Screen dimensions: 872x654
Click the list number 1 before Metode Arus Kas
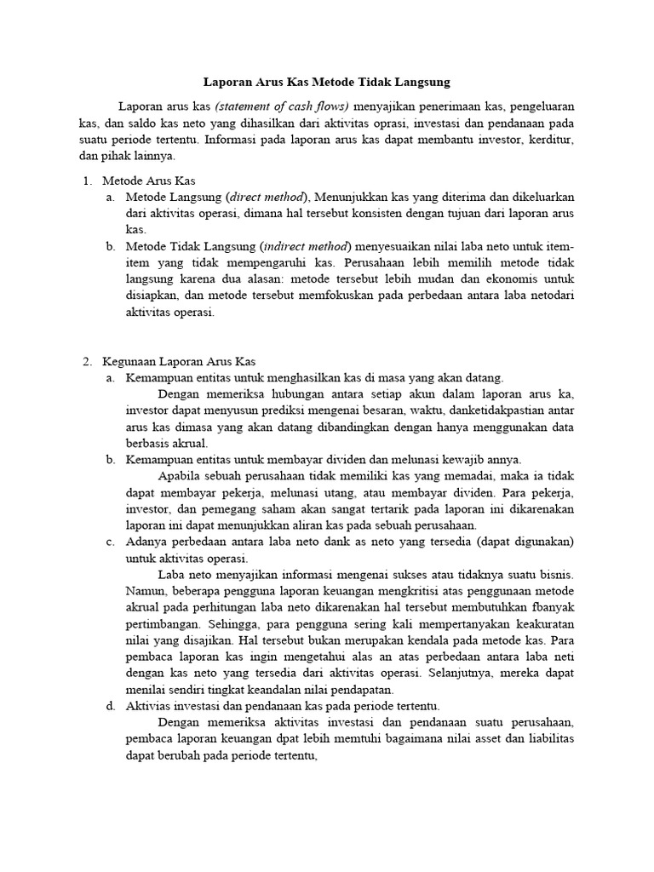(86, 181)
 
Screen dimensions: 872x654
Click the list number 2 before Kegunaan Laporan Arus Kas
(86, 360)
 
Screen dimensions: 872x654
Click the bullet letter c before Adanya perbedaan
(111, 542)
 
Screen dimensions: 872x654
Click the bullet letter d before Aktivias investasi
(111, 705)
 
